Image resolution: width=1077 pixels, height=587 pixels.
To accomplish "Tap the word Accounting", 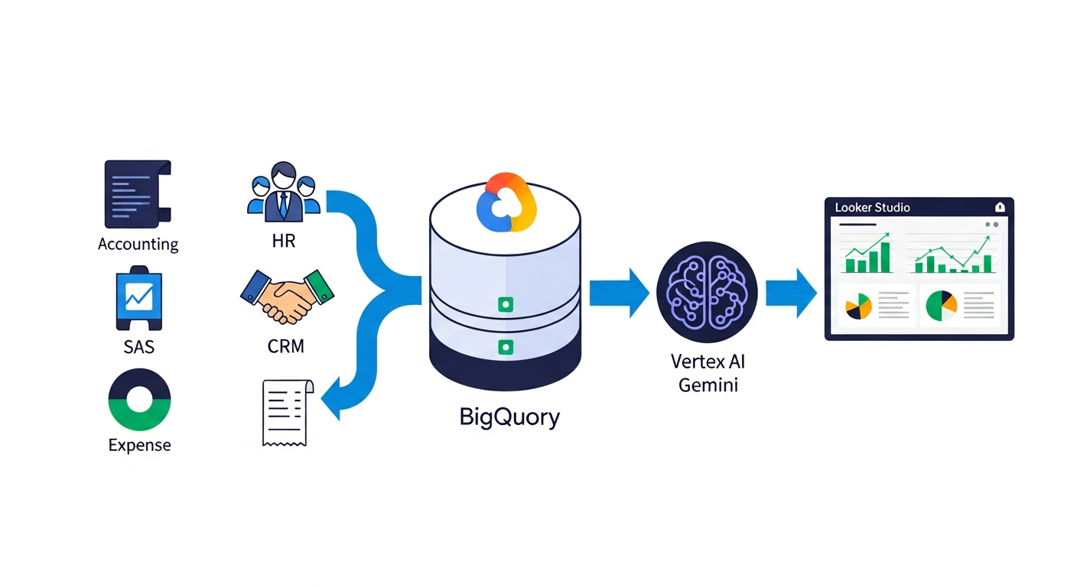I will [x=138, y=245].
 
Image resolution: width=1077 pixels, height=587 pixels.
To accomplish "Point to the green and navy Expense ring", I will [x=139, y=400].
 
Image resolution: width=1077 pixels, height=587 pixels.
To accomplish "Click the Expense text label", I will [x=139, y=446].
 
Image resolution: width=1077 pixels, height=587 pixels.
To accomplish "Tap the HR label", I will [x=283, y=242].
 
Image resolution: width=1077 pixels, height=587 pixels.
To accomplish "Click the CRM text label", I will [x=286, y=346].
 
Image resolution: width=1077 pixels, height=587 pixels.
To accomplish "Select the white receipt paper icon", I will [x=285, y=412].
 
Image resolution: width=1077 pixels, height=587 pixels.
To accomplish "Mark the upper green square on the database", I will [x=505, y=304].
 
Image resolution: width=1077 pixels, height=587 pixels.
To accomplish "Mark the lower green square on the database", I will [x=505, y=347].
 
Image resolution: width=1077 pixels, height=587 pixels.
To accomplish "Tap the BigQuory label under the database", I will [x=509, y=417].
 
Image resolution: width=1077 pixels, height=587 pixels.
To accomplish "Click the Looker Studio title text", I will [x=872, y=207].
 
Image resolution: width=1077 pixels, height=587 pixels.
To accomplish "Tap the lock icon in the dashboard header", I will [x=999, y=207].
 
